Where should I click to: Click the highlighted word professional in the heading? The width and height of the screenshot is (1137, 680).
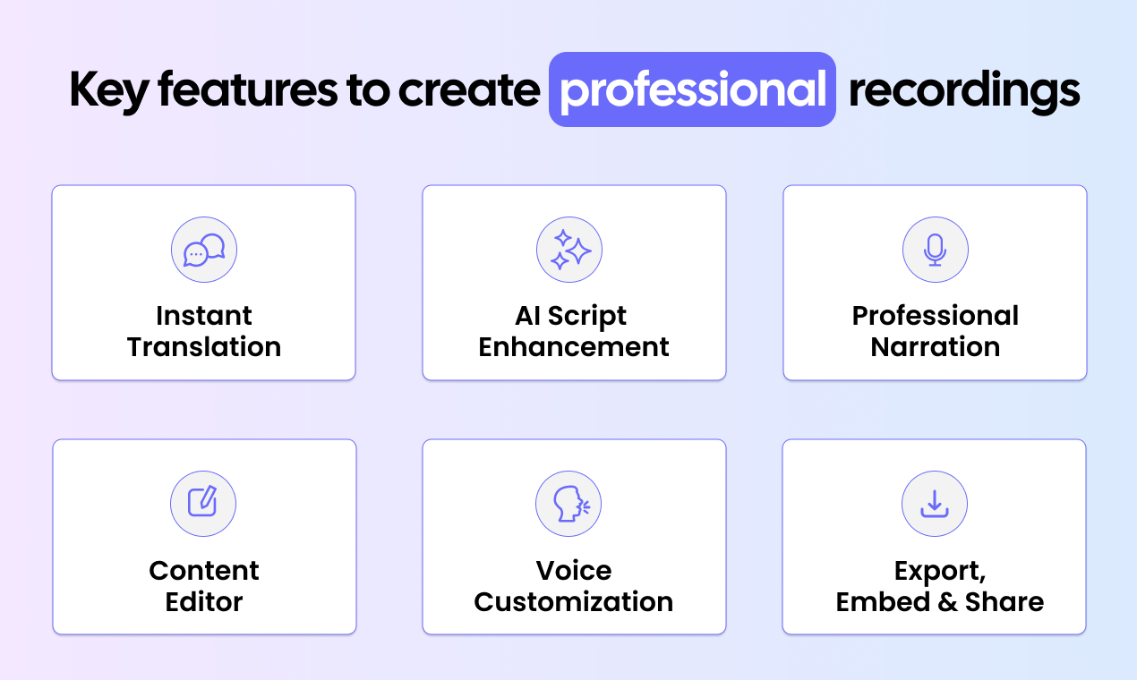click(x=692, y=89)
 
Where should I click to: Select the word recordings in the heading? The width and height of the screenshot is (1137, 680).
click(x=964, y=89)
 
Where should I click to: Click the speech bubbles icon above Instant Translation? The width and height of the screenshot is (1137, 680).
click(x=204, y=251)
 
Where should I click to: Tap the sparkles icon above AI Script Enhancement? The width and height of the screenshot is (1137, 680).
click(x=569, y=251)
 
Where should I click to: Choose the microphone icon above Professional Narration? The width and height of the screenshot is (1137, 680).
click(x=936, y=251)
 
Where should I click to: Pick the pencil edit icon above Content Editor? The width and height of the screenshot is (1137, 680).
click(x=203, y=504)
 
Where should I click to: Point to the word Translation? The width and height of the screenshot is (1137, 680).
click(x=204, y=347)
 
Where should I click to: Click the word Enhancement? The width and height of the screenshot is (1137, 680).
click(x=574, y=347)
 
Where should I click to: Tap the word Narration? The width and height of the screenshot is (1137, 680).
click(x=936, y=347)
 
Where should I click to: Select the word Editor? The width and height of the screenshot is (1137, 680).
click(x=204, y=601)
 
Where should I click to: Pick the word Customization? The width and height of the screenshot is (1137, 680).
click(x=574, y=601)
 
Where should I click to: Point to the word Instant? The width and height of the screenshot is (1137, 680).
click(x=204, y=316)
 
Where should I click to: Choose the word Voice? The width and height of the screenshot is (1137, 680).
click(x=574, y=571)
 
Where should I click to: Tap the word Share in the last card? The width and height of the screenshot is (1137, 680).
click(x=1004, y=602)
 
